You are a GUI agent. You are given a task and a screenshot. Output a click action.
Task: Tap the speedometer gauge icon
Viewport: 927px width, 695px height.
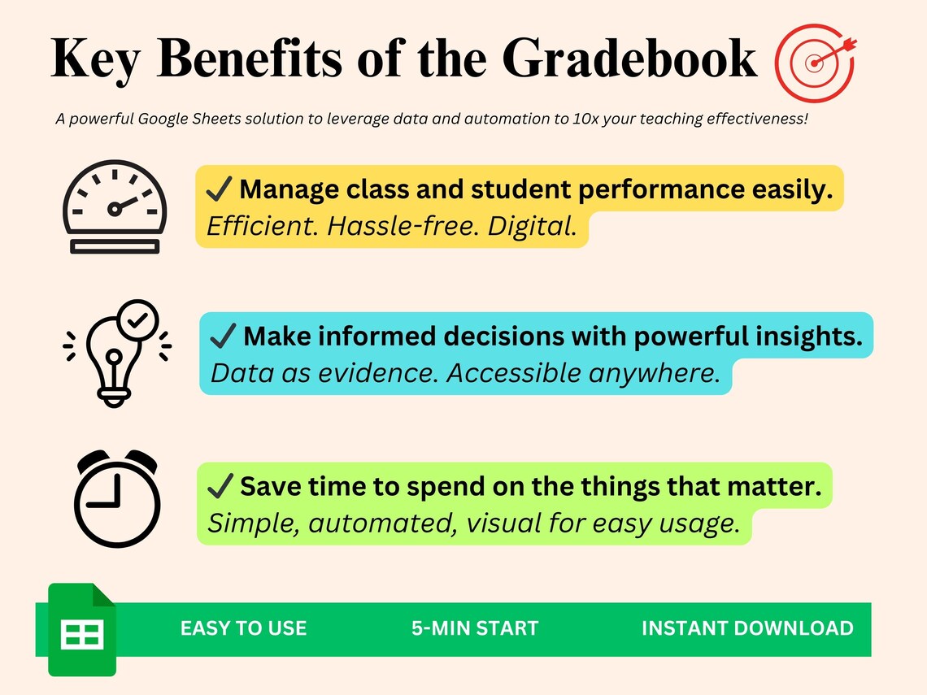pyautogui.click(x=115, y=207)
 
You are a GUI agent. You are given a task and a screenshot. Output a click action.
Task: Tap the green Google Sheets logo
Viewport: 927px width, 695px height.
pyautogui.click(x=81, y=629)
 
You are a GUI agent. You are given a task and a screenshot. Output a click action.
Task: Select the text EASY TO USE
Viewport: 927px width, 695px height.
pyautogui.click(x=243, y=628)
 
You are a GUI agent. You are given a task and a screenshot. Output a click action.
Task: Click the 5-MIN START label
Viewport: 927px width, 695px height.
pyautogui.click(x=475, y=628)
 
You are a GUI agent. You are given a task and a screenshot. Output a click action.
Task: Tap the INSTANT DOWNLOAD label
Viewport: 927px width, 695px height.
pyautogui.click(x=747, y=628)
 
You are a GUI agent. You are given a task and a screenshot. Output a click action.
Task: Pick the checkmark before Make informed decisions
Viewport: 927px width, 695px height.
pyautogui.click(x=223, y=336)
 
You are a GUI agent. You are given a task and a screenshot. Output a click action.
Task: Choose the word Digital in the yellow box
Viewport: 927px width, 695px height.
pyautogui.click(x=532, y=227)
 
